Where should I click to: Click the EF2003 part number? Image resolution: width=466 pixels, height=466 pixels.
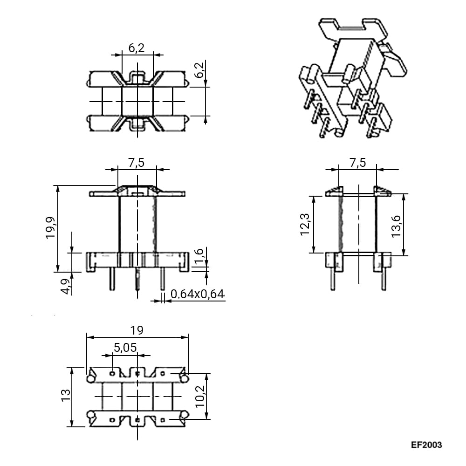pos(426,445)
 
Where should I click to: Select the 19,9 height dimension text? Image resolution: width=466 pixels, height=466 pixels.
pos(51,228)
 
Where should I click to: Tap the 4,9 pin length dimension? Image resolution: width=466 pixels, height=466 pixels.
pos(67,286)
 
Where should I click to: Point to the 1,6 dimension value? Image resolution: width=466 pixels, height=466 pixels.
pos(199,255)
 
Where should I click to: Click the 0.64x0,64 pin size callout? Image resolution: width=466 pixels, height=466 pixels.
pos(197,294)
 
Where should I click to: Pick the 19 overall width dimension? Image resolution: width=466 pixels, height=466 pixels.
pos(137,330)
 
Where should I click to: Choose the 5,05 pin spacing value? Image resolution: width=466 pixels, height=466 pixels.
pos(125,348)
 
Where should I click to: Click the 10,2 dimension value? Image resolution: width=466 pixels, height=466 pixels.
pos(200,396)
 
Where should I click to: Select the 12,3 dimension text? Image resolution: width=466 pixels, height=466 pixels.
pos(306,225)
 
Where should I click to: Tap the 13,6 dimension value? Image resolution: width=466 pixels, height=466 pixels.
pos(397,226)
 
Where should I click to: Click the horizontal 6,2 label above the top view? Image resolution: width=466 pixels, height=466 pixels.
pos(137,48)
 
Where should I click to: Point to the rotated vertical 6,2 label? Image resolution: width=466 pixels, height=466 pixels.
pos(199,70)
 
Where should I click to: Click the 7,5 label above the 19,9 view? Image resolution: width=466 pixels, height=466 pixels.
pos(137,163)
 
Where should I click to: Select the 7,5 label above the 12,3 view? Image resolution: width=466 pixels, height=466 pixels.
pos(357,163)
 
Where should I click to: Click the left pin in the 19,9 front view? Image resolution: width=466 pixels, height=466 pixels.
pos(112,279)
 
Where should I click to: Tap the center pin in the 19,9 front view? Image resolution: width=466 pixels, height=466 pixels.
pos(137,279)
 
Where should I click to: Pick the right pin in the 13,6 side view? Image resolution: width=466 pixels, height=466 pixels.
pos(384,279)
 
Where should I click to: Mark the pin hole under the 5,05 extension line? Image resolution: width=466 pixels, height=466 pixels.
pos(112,373)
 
